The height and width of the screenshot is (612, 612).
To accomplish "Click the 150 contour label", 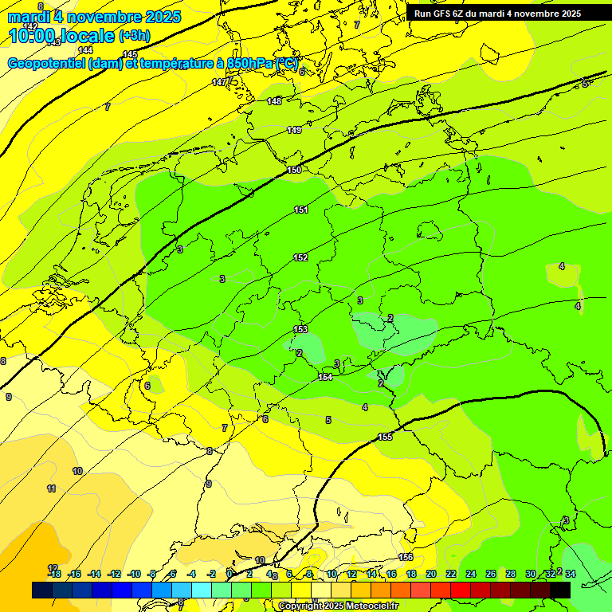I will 294,170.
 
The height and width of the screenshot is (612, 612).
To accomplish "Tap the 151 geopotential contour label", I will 301,210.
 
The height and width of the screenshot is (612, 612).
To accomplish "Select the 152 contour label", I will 300,257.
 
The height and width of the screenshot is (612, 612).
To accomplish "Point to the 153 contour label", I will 300,329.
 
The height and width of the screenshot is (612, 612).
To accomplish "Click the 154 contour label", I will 325,377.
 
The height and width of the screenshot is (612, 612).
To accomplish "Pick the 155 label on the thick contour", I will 385,437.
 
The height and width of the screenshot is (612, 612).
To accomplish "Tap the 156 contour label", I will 406,557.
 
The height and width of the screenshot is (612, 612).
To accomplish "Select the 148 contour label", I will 274,101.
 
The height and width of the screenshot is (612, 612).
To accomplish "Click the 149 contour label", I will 294,130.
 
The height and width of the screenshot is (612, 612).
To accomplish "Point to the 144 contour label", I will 85,50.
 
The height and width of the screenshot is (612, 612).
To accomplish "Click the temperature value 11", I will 51,488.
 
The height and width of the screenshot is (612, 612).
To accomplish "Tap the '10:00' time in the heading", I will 33,36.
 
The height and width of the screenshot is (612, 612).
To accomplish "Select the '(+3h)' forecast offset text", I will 133,36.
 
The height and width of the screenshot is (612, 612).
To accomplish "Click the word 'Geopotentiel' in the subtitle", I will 45,63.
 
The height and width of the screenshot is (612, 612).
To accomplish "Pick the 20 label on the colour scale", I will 430,574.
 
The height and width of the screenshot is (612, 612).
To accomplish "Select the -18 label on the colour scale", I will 54,574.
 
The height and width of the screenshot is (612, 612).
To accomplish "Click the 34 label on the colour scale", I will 570,574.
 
